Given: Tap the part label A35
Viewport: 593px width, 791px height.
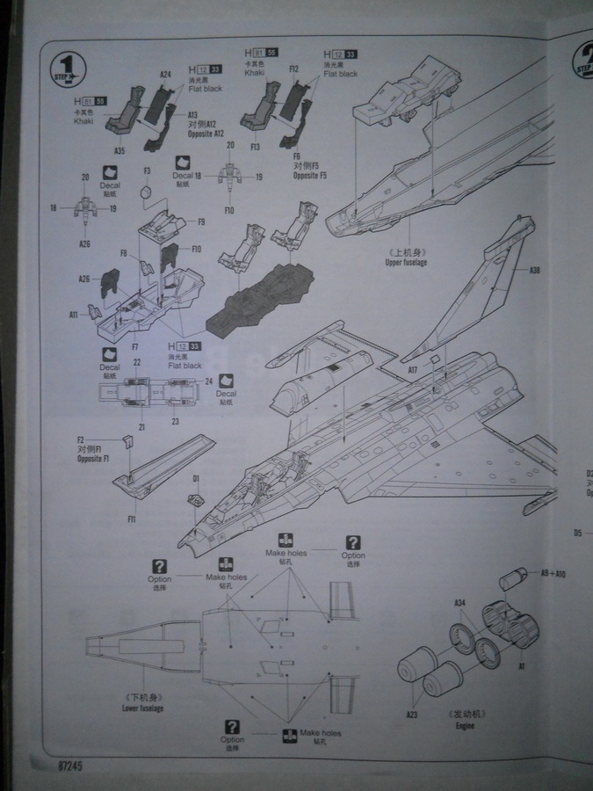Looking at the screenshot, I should (120, 150).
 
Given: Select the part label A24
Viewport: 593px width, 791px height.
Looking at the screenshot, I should (166, 75).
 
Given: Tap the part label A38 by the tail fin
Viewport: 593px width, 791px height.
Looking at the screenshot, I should (535, 272).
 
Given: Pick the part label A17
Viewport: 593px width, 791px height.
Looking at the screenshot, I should (413, 371).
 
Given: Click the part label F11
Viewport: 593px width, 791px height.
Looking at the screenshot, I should (131, 520).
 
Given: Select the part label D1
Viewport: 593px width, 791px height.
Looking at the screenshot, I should (197, 478).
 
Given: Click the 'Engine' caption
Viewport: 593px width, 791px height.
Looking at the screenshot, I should (465, 727).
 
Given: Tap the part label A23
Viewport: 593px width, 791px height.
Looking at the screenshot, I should (412, 715).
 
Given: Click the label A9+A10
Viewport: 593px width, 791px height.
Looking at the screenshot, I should (553, 573).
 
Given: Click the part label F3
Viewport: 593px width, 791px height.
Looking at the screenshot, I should (147, 171).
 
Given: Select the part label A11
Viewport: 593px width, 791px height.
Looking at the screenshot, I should (74, 313).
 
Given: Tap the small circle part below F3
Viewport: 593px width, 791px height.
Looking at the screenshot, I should (148, 191).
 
